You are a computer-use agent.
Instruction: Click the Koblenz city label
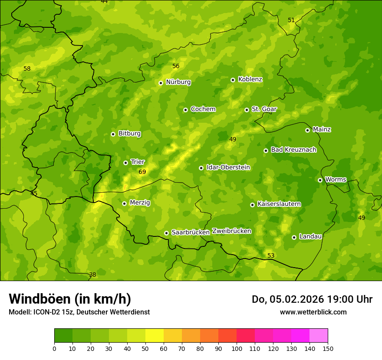250,79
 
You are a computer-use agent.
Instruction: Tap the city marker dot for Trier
125,163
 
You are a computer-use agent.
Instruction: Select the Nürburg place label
178,82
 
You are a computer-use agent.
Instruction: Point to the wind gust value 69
142,172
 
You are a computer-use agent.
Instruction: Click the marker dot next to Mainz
307,130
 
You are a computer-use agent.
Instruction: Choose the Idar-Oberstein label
228,167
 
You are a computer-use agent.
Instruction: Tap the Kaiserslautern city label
279,204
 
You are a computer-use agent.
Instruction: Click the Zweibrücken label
231,231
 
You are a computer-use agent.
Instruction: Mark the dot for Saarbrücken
166,233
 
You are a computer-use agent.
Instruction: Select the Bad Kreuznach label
293,150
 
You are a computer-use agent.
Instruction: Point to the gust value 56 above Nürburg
176,66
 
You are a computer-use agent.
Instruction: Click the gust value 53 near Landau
271,255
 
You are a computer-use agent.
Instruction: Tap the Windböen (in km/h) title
70,299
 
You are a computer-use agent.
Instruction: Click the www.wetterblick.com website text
313,312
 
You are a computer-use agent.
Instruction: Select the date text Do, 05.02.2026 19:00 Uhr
312,299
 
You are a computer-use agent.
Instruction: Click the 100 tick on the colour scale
237,348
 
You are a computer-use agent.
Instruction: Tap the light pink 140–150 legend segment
319,336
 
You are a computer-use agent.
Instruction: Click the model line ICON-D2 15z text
79,312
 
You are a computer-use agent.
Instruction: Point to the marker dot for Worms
320,180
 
